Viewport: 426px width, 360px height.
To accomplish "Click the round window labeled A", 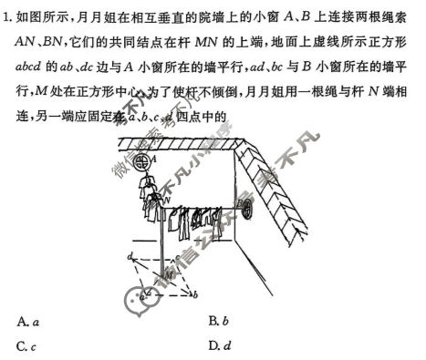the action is (140, 162).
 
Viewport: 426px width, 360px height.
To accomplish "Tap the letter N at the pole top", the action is (167, 197).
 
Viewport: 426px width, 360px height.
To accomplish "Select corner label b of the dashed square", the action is (196, 294).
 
